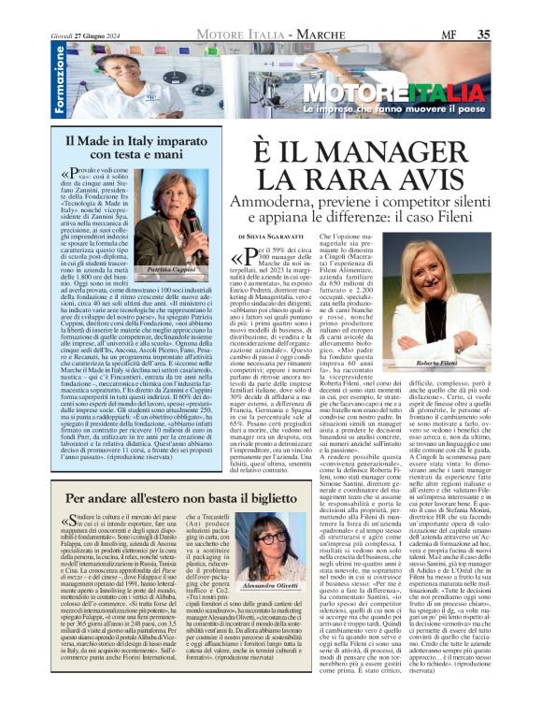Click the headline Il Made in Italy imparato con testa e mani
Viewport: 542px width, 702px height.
[x=135, y=146]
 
